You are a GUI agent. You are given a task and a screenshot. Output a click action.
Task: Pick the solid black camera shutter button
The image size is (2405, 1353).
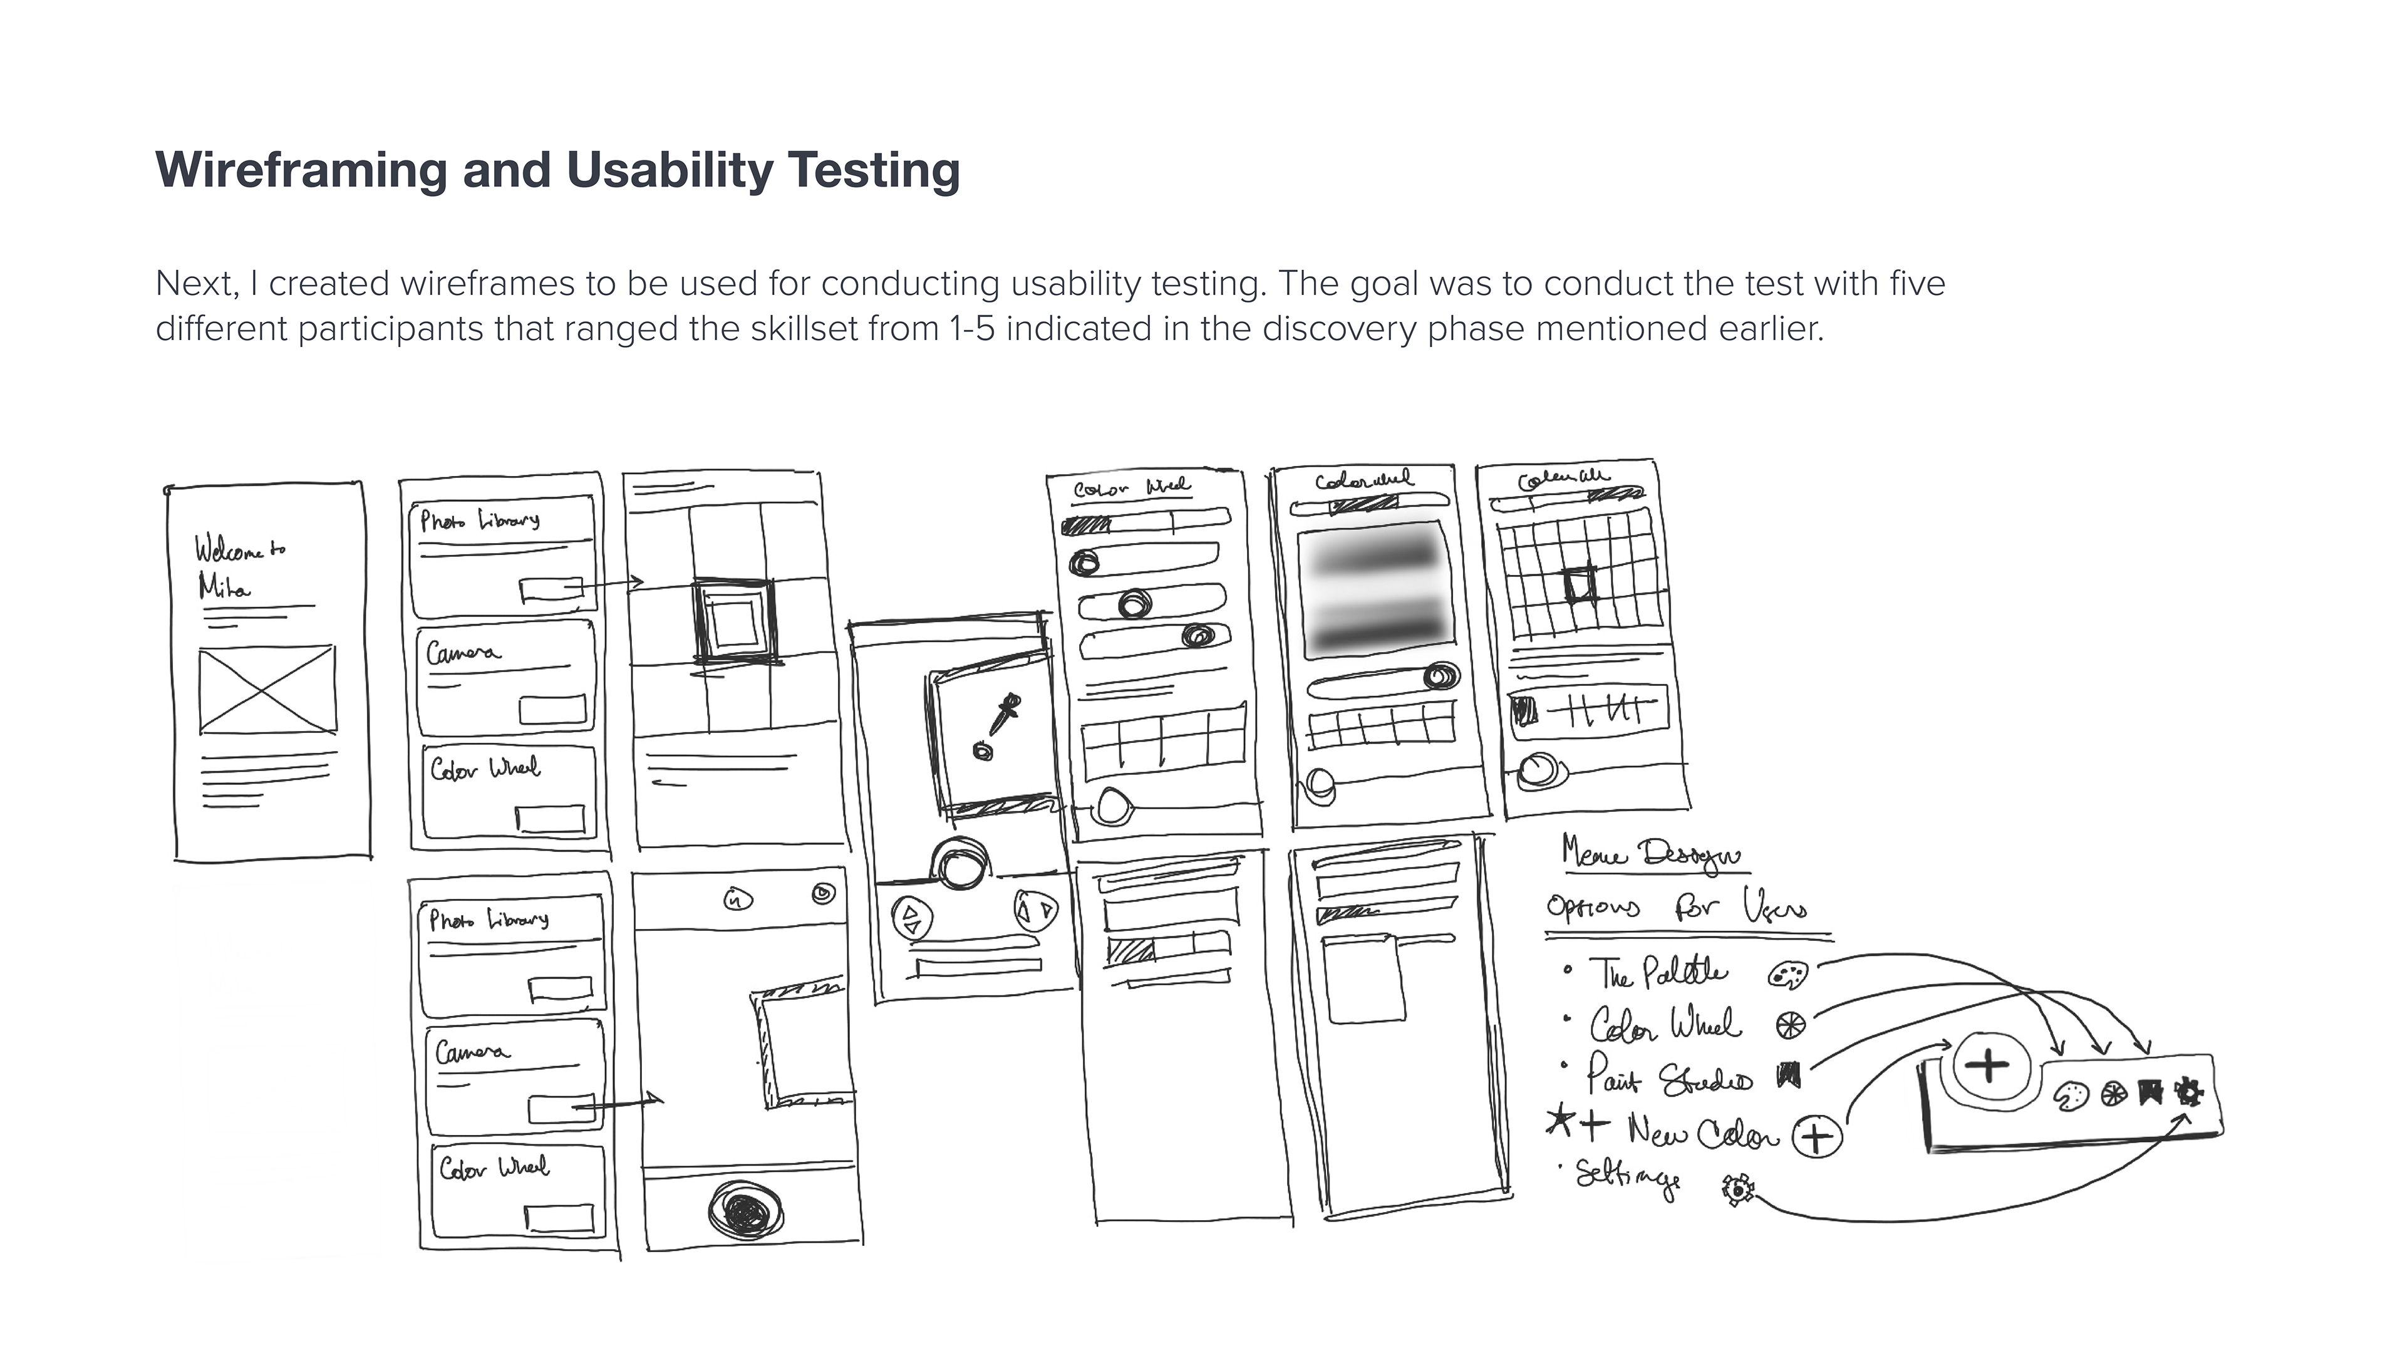tap(745, 1210)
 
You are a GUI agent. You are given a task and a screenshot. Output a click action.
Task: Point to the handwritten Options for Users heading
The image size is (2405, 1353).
tap(1676, 906)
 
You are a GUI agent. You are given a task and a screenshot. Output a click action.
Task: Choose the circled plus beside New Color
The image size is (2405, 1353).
tap(1816, 1136)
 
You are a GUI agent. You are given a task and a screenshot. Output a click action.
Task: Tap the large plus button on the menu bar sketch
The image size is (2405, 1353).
tap(1988, 1064)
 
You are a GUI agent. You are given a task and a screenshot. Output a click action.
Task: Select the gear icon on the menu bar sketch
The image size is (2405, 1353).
tap(2188, 1091)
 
